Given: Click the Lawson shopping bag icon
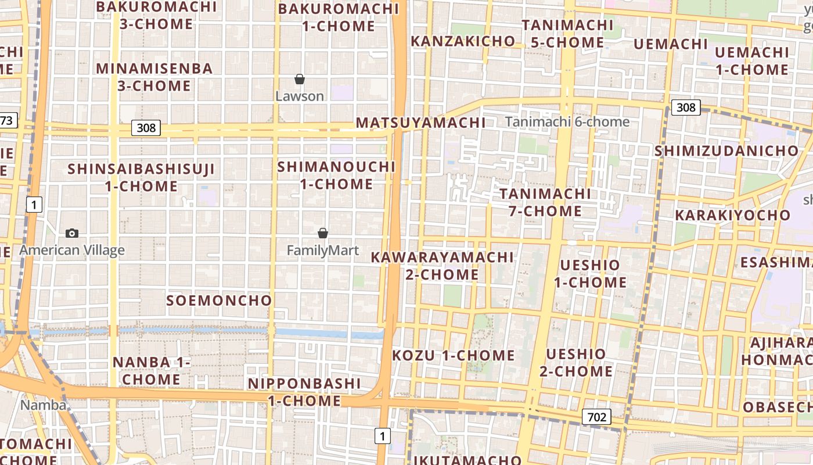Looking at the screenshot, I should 300,79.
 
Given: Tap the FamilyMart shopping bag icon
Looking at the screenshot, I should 323,233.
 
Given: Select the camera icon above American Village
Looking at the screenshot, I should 72,233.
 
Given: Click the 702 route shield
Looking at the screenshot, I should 596,417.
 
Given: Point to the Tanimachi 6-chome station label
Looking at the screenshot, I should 567,121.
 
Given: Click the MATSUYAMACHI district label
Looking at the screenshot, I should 420,123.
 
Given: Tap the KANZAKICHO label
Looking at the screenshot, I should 463,41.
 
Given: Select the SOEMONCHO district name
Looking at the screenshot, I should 219,301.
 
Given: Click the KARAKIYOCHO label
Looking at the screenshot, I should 732,215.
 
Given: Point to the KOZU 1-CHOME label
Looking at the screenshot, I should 454,355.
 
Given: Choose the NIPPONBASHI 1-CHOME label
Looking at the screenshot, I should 304,392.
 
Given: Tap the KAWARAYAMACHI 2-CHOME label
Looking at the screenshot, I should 443,266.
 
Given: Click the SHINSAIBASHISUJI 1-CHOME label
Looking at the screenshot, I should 141,178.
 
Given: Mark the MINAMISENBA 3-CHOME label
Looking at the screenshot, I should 154,77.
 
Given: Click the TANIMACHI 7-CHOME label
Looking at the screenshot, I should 545,202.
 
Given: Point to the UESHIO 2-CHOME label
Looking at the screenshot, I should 576,363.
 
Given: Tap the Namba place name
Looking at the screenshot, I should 44,405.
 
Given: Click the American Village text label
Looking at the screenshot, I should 72,251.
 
